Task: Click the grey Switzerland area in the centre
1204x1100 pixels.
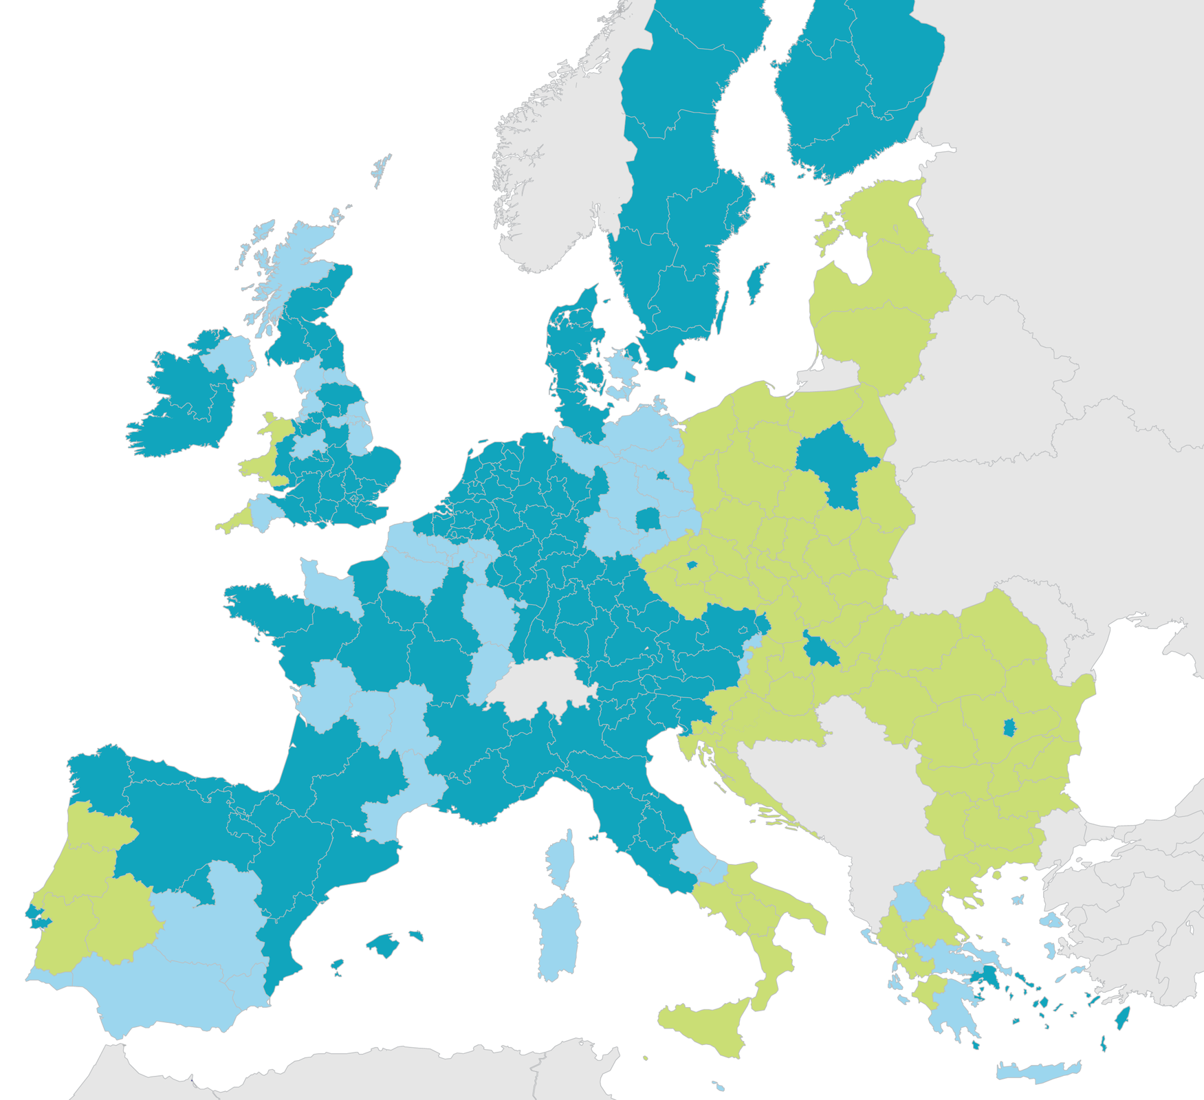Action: (543, 685)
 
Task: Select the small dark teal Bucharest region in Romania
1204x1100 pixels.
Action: (1009, 727)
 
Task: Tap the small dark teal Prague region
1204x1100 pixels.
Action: (692, 565)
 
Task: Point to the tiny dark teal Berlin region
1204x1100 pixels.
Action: (662, 475)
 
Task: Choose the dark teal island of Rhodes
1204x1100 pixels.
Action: (1121, 1017)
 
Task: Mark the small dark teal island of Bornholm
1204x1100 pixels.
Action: (690, 377)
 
